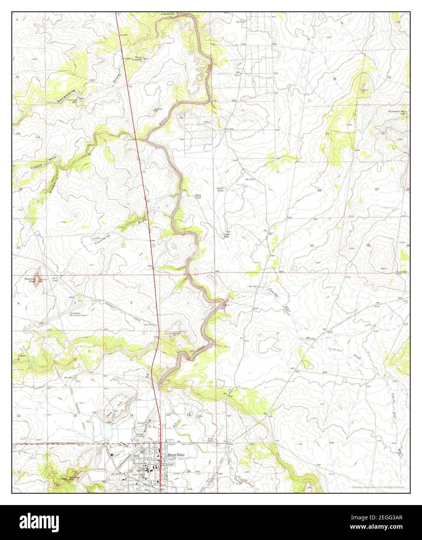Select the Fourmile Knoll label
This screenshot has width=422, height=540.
click(30, 280)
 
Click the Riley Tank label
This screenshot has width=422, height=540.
click(198, 197)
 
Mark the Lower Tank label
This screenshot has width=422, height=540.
click(220, 189)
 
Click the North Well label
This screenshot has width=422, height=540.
click(401, 272)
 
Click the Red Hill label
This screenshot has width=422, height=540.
click(112, 412)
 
